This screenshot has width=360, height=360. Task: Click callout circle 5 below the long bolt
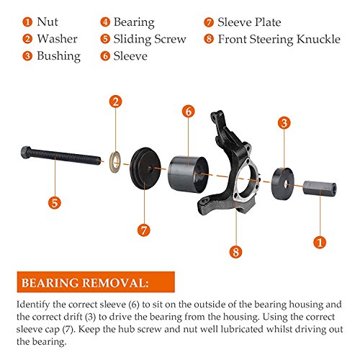(54, 204)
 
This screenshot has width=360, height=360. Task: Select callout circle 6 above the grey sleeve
(188, 111)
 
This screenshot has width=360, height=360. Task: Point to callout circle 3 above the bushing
(284, 123)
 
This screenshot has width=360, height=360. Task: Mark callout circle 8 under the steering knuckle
(235, 251)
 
